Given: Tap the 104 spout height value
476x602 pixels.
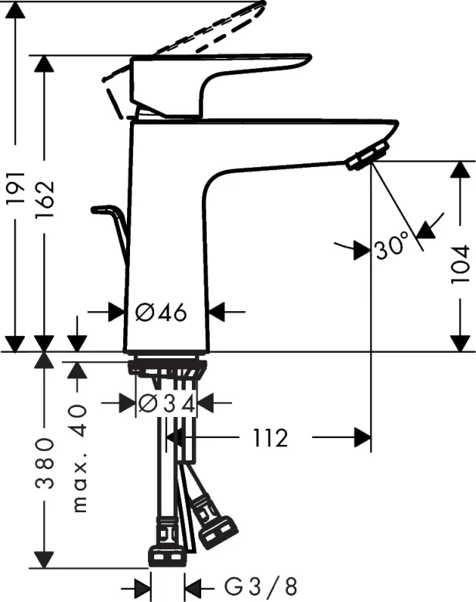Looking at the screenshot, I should click(461, 265).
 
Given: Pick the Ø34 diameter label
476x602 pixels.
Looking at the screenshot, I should click(166, 402).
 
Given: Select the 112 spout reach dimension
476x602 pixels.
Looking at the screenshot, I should click(271, 439).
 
